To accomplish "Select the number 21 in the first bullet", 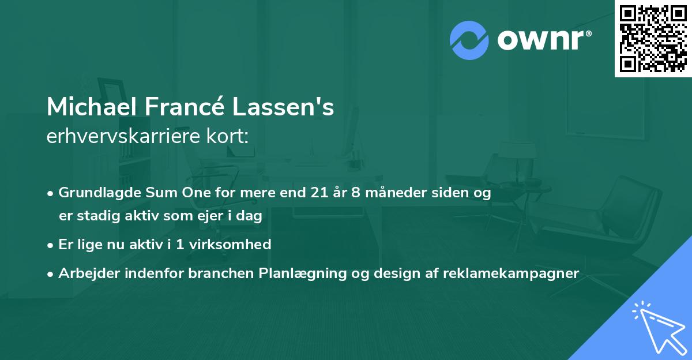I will coord(318,193).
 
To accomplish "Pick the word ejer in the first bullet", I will coord(217,216).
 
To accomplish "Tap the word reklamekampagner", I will coord(511,273).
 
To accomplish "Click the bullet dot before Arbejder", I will coord(51,274).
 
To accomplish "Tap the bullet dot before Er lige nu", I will coord(51,245).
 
